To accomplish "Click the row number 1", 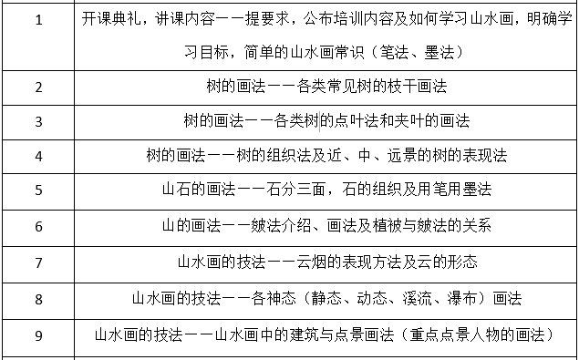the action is click(38, 20).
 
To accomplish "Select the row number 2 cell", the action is click(38, 87).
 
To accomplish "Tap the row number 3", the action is click(38, 121).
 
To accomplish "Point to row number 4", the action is click(38, 156).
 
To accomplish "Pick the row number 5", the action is click(38, 190).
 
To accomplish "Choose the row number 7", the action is click(38, 262).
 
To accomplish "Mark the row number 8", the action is click(38, 299).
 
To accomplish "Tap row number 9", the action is click(38, 335).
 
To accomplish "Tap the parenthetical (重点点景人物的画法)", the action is click(470, 334).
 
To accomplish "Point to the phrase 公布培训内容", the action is click(346, 19).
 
